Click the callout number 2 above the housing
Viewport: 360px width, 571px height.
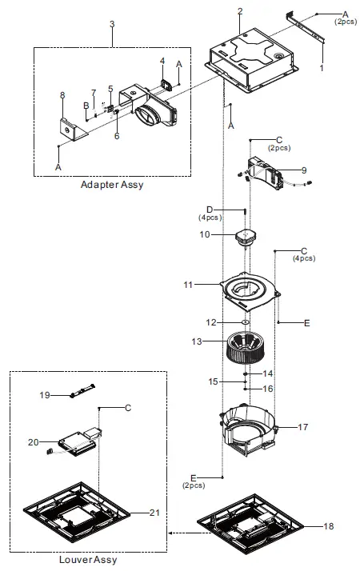click(x=240, y=11)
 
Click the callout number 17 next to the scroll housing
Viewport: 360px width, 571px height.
click(x=303, y=428)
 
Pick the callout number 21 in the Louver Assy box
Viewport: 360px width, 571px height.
click(x=155, y=512)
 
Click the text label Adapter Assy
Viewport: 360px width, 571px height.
click(x=111, y=185)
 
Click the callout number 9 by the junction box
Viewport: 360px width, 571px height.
click(x=303, y=170)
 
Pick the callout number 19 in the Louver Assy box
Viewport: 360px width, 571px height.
click(x=46, y=394)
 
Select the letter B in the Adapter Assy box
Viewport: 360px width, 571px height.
click(x=85, y=105)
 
